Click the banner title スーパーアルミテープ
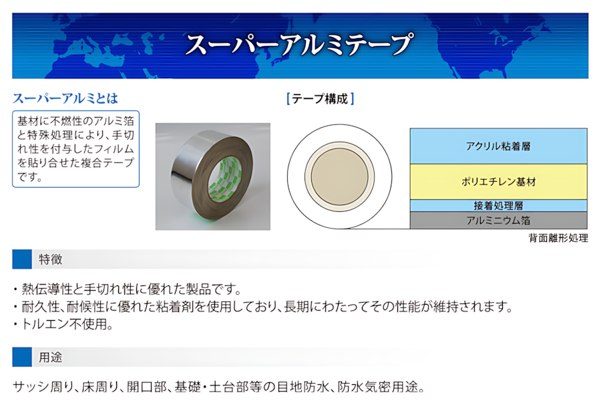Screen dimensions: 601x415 (299, 45)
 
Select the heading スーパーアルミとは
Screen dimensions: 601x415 (65, 99)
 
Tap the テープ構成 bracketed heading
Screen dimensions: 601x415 (320, 99)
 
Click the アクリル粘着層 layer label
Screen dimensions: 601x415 (498, 146)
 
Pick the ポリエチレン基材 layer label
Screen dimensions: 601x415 (498, 181)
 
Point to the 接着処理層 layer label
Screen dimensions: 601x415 (498, 206)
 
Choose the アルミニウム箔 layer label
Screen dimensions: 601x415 (498, 220)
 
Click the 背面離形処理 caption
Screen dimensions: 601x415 (558, 238)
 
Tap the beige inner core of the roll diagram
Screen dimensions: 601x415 (340, 176)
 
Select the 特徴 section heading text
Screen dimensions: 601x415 (50, 260)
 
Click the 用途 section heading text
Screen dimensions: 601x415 (50, 358)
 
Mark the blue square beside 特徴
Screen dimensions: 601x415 (22, 259)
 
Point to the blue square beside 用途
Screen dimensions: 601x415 (22, 357)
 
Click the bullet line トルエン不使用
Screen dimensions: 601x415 (63, 325)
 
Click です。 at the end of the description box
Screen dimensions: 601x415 (30, 177)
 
